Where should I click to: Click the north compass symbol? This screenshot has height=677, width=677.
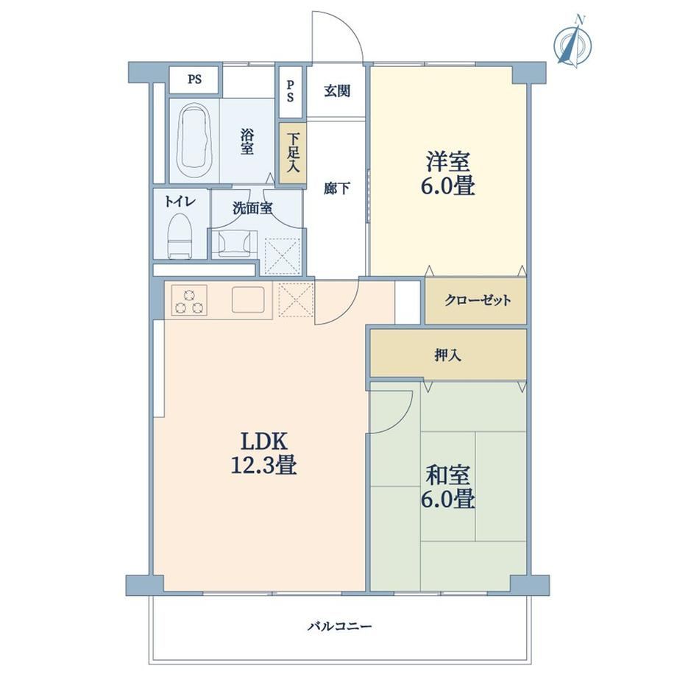(573, 43)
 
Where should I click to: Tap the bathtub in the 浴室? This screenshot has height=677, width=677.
(194, 140)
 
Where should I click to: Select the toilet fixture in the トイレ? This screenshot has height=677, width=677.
(179, 235)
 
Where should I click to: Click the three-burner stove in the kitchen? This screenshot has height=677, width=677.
(189, 300)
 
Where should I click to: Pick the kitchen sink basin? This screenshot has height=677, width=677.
(248, 299)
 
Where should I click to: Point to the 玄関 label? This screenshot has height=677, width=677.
(337, 91)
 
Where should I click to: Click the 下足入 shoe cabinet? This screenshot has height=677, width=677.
(293, 153)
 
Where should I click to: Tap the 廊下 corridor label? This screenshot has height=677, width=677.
(337, 188)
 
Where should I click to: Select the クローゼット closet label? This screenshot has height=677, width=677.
(478, 300)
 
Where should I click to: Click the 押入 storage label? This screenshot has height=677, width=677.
(447, 355)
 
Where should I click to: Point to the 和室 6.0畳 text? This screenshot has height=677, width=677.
(447, 486)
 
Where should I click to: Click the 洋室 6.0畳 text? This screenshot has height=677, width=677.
(447, 174)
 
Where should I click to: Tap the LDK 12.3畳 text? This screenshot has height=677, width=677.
(263, 453)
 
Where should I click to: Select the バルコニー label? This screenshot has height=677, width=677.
(339, 626)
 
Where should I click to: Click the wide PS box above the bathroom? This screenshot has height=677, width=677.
(194, 80)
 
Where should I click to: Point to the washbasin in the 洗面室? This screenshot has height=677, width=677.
(233, 244)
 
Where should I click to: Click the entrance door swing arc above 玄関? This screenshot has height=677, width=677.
(350, 26)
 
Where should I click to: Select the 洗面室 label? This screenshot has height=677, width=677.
(252, 208)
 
